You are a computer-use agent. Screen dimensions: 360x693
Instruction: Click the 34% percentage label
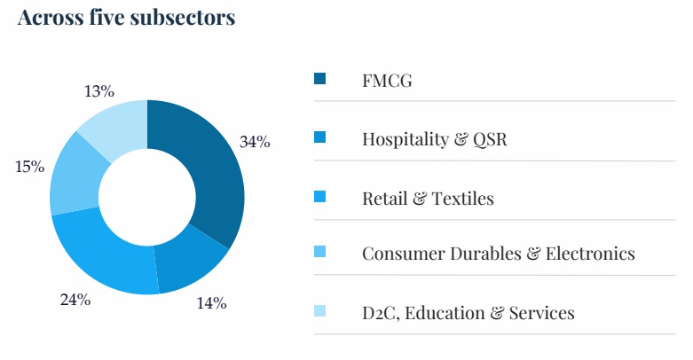click(x=255, y=142)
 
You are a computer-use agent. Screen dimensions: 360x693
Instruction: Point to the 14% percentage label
click(x=211, y=303)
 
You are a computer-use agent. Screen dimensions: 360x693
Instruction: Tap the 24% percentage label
click(x=75, y=299)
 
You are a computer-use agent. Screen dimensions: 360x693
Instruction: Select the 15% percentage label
click(x=29, y=167)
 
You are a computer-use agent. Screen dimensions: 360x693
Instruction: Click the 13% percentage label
click(x=98, y=90)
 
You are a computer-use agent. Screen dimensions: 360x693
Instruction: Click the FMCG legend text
click(x=388, y=81)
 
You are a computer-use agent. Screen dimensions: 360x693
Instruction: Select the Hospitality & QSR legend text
click(x=435, y=139)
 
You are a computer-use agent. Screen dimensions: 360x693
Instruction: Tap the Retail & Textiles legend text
click(x=428, y=198)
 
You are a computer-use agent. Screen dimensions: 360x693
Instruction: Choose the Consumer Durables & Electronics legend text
click(x=498, y=254)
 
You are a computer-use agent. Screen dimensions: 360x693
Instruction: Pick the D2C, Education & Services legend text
click(x=468, y=313)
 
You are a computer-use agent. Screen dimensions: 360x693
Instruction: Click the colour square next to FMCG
click(x=320, y=79)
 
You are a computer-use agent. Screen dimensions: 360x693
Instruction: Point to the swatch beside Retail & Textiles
click(x=320, y=196)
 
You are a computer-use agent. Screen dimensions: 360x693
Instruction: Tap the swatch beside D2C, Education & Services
click(x=320, y=311)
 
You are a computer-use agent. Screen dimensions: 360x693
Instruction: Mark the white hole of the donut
click(x=147, y=197)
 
